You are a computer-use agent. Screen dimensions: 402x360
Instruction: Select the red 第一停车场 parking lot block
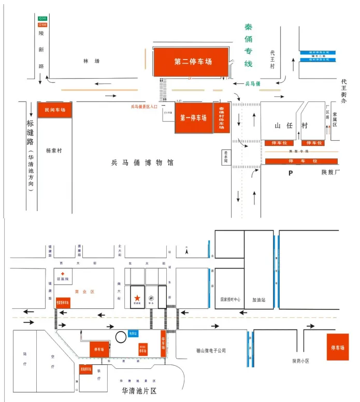(x=193, y=118)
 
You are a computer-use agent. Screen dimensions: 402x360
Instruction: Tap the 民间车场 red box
(x=54, y=110)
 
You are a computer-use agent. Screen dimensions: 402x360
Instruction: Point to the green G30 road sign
(x=42, y=19)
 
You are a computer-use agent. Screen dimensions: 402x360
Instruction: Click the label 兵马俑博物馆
(x=142, y=162)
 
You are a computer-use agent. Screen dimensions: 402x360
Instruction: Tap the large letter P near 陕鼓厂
(x=290, y=173)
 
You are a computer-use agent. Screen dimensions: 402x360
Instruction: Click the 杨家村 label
(x=54, y=151)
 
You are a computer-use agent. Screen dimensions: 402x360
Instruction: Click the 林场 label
(x=91, y=61)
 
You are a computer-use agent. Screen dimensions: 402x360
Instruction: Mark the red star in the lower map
(x=137, y=297)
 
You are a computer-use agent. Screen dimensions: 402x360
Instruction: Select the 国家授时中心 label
(x=229, y=300)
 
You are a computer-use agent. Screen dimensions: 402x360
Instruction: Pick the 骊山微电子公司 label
(x=211, y=350)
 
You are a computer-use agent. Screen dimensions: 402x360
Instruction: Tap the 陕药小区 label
(x=300, y=361)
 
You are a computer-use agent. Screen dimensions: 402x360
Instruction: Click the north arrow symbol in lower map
(x=187, y=251)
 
